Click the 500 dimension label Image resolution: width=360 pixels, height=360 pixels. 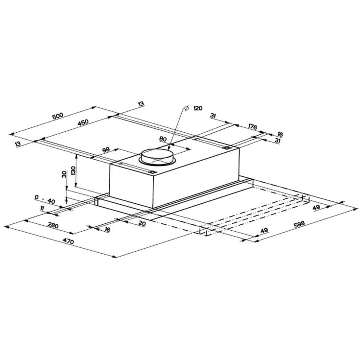click(58, 116)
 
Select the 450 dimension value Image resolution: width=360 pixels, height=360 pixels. click(83, 122)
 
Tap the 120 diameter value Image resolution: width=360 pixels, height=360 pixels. click(198, 108)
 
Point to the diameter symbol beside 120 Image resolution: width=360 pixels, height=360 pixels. click(187, 108)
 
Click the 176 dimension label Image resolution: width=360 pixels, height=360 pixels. click(253, 126)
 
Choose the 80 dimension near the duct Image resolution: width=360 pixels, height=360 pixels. click(163, 139)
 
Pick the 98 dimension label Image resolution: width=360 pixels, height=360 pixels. click(106, 150)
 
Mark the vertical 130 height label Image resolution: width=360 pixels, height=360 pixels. click(73, 170)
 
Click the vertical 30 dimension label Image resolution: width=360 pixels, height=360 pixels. click(64, 174)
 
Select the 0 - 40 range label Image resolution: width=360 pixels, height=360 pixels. click(45, 199)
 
